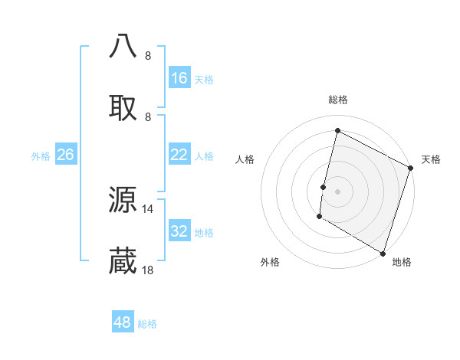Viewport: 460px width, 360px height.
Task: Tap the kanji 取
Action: click(123, 107)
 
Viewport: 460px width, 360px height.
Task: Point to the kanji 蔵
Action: click(123, 261)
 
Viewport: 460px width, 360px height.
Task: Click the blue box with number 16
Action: click(179, 78)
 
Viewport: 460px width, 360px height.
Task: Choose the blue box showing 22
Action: click(179, 155)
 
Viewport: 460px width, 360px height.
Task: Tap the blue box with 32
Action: click(179, 231)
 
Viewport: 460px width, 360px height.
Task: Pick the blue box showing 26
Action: click(65, 155)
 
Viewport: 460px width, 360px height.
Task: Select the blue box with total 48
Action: click(123, 322)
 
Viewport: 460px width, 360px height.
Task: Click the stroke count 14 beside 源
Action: click(148, 208)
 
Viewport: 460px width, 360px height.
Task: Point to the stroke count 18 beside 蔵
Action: click(148, 270)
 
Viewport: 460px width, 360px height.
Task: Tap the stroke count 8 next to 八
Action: click(147, 55)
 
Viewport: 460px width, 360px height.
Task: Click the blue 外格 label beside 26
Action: click(41, 155)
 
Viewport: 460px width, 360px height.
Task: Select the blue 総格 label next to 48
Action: click(147, 323)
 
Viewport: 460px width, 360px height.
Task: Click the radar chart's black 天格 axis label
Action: click(431, 159)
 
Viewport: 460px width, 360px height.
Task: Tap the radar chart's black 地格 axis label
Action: click(402, 262)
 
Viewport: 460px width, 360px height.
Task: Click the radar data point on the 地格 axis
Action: click(383, 253)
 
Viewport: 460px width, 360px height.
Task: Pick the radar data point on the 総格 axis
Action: click(337, 131)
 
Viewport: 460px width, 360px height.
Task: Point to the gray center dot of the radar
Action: click(337, 191)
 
